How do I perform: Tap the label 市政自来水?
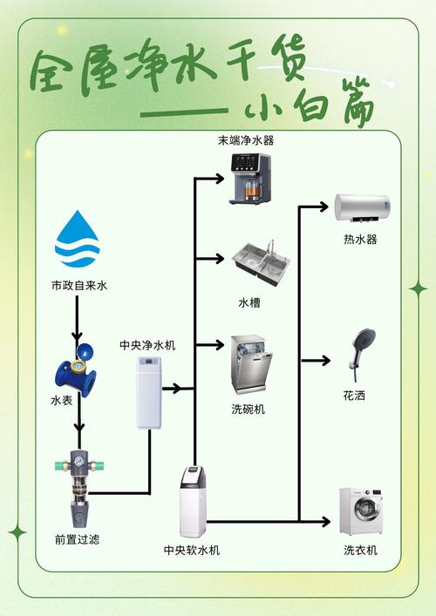[78, 285]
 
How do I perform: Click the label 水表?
[61, 401]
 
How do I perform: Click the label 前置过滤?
[78, 539]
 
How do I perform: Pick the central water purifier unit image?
[148, 395]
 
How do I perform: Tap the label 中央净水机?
[147, 345]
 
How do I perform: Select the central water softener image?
[193, 502]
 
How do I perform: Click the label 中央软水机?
[192, 551]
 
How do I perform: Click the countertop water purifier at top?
[250, 179]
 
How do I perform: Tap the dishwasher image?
[251, 365]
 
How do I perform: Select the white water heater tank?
[362, 207]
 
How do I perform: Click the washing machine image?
[360, 512]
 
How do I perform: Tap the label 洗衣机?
[360, 551]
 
